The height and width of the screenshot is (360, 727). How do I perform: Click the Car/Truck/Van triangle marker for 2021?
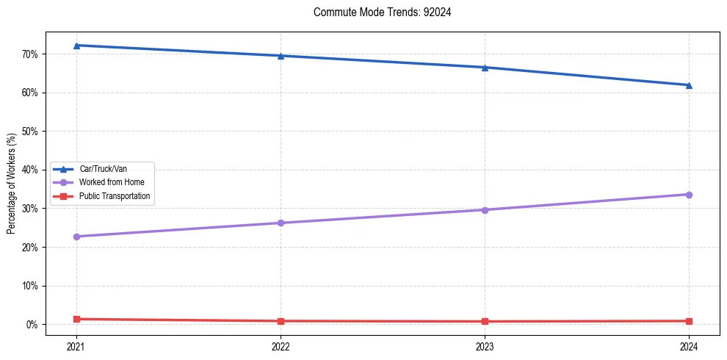[76, 46]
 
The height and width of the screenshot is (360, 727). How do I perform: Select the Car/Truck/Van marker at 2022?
[281, 56]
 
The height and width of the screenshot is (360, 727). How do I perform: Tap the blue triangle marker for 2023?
[485, 68]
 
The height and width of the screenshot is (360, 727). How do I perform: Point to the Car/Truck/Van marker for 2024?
[689, 85]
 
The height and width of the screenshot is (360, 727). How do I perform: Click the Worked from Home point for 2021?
[76, 237]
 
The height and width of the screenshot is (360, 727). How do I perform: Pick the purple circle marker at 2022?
[281, 223]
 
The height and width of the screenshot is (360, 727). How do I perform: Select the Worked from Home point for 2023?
[485, 210]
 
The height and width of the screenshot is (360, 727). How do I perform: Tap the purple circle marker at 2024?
[689, 195]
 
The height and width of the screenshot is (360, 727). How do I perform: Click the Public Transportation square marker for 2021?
[76, 319]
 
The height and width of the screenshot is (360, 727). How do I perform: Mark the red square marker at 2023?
[485, 321]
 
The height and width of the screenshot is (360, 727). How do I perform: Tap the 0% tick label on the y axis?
[32, 325]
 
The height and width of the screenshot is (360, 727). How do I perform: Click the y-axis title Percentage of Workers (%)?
[11, 183]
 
